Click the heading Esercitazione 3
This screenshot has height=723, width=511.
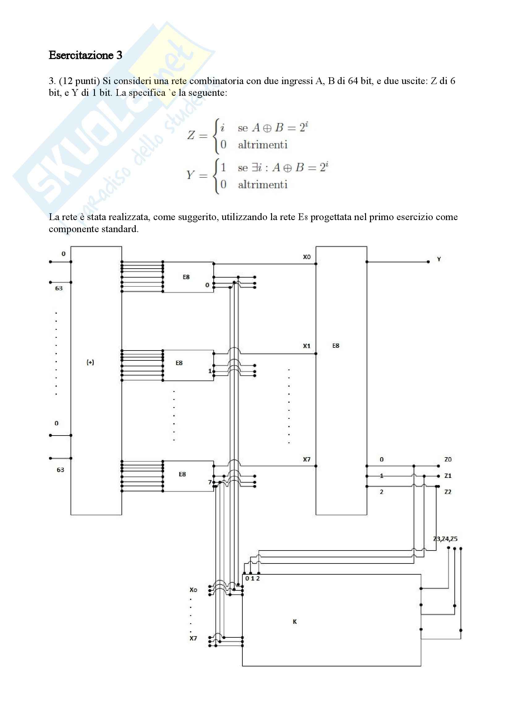click(85, 55)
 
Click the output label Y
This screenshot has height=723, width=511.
click(439, 259)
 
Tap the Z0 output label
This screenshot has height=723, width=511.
click(448, 459)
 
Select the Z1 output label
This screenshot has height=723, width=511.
click(448, 476)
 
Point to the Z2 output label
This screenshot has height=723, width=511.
click(448, 492)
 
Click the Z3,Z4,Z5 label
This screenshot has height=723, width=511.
click(445, 539)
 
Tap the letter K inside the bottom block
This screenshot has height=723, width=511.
click(295, 622)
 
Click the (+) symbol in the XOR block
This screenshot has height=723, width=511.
click(90, 363)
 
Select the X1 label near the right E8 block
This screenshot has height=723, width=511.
click(307, 346)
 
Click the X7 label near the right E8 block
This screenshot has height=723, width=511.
click(307, 459)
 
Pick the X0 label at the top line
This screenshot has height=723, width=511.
click(307, 257)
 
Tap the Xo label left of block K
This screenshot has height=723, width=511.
click(193, 590)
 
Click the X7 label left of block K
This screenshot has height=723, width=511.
click(193, 638)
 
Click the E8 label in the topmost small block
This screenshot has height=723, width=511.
click(186, 277)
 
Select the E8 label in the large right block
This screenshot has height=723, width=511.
click(336, 346)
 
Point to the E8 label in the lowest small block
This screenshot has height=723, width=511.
click(182, 474)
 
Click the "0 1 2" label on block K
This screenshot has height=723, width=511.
click(253, 578)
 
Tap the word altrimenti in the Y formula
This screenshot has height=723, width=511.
click(262, 185)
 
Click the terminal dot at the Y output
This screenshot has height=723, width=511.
click(428, 262)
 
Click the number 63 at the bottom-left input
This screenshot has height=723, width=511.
click(60, 470)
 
